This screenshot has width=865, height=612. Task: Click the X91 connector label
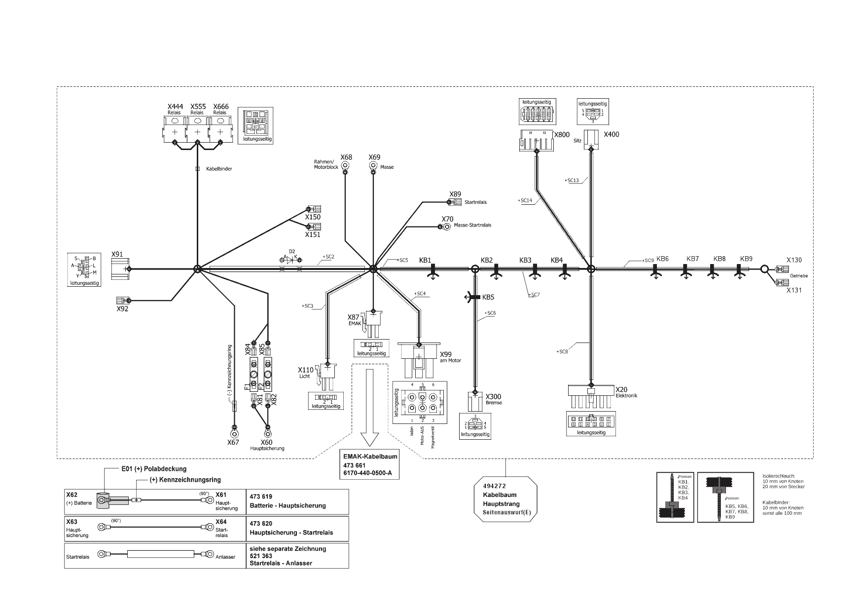point(117,254)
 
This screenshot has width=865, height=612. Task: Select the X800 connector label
point(562,135)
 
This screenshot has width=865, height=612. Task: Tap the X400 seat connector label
point(612,134)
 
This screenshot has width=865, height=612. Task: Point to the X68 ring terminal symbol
point(345,166)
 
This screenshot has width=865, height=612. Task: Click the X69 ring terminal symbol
point(374,166)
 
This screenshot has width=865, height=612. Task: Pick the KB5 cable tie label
point(488,297)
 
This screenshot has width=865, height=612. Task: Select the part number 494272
point(495,486)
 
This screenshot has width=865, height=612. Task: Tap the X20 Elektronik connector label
point(621,389)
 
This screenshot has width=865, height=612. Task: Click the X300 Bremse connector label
point(493,396)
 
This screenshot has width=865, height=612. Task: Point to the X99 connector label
point(445,354)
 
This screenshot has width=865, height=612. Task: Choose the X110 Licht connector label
point(305,370)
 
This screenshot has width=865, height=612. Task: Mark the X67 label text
point(233,442)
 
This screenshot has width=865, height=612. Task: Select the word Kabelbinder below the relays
point(219,169)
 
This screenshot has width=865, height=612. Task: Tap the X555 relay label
point(198,107)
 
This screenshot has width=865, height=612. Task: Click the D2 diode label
point(292,251)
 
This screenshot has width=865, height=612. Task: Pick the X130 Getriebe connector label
point(794,260)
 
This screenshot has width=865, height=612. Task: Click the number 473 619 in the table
point(261,497)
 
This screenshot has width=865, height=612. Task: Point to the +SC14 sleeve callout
point(526,200)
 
